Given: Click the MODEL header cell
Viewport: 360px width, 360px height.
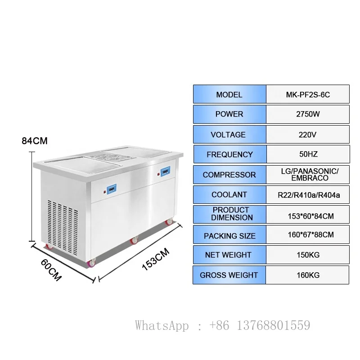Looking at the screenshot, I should point(229,94).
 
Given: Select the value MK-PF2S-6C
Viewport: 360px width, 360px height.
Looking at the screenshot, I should point(308,94).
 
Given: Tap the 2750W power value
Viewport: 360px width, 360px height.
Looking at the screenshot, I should point(308,114).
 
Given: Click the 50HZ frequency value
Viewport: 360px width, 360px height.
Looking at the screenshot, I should point(308,154).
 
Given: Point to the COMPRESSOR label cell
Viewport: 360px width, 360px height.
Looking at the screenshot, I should point(229,175).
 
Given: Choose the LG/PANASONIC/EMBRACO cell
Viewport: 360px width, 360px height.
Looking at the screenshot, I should point(308,175).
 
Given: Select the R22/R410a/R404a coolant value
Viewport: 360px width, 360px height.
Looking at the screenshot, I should point(308,195).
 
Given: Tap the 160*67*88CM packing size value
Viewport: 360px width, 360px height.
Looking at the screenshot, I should point(308,234).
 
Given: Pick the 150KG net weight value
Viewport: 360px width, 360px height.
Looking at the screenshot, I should point(308,255).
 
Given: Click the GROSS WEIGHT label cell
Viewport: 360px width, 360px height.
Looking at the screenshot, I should point(229,275).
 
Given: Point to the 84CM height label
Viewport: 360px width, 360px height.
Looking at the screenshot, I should point(35,141).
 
